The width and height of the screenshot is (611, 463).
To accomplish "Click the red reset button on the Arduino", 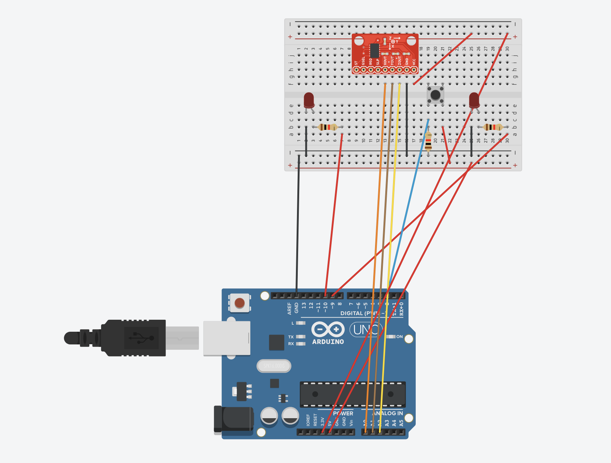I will [239, 303].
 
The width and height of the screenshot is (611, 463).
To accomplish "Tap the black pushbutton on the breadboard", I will [435, 95].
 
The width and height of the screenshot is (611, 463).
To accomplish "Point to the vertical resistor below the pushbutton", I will [428, 141].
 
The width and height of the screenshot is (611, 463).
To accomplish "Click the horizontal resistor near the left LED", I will [328, 127].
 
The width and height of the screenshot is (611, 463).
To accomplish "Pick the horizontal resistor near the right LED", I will [493, 127].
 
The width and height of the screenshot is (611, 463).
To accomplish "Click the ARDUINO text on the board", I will [328, 342].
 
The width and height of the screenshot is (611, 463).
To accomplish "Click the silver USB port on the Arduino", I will [227, 338].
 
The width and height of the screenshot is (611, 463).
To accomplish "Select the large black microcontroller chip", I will [352, 394].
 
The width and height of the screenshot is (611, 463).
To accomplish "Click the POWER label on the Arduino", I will [343, 413].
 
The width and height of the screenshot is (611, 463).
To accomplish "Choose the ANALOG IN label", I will [388, 413].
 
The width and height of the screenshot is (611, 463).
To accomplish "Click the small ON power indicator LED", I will [391, 337].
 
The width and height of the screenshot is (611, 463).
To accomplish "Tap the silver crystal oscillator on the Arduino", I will [274, 366].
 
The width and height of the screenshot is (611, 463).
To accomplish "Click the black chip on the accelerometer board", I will [374, 50].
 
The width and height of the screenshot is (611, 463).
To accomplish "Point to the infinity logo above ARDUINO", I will [328, 330].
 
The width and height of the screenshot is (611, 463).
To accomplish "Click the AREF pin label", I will [290, 308].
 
